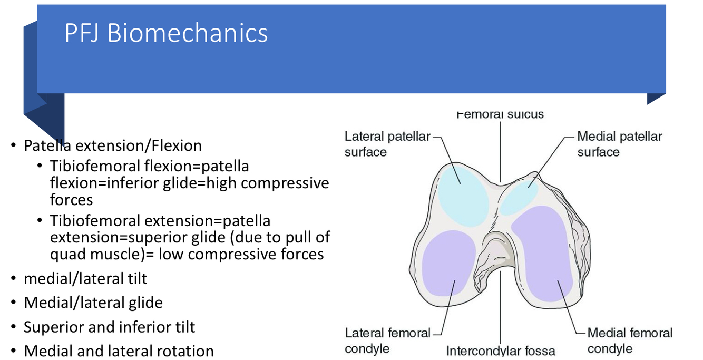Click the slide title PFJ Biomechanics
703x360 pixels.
[166, 33]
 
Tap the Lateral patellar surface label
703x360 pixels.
[387, 144]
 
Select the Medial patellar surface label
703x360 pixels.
[619, 144]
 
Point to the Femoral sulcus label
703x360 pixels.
[500, 114]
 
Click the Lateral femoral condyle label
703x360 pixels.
[387, 340]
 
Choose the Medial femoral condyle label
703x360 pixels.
[630, 340]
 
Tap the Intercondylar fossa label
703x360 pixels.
[500, 351]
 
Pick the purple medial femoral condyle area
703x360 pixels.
[545, 253]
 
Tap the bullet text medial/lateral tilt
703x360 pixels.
[85, 278]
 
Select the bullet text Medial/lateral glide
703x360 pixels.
[93, 303]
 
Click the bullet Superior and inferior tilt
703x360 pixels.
[109, 327]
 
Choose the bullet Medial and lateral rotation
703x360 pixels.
[119, 351]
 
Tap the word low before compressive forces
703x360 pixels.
[171, 254]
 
